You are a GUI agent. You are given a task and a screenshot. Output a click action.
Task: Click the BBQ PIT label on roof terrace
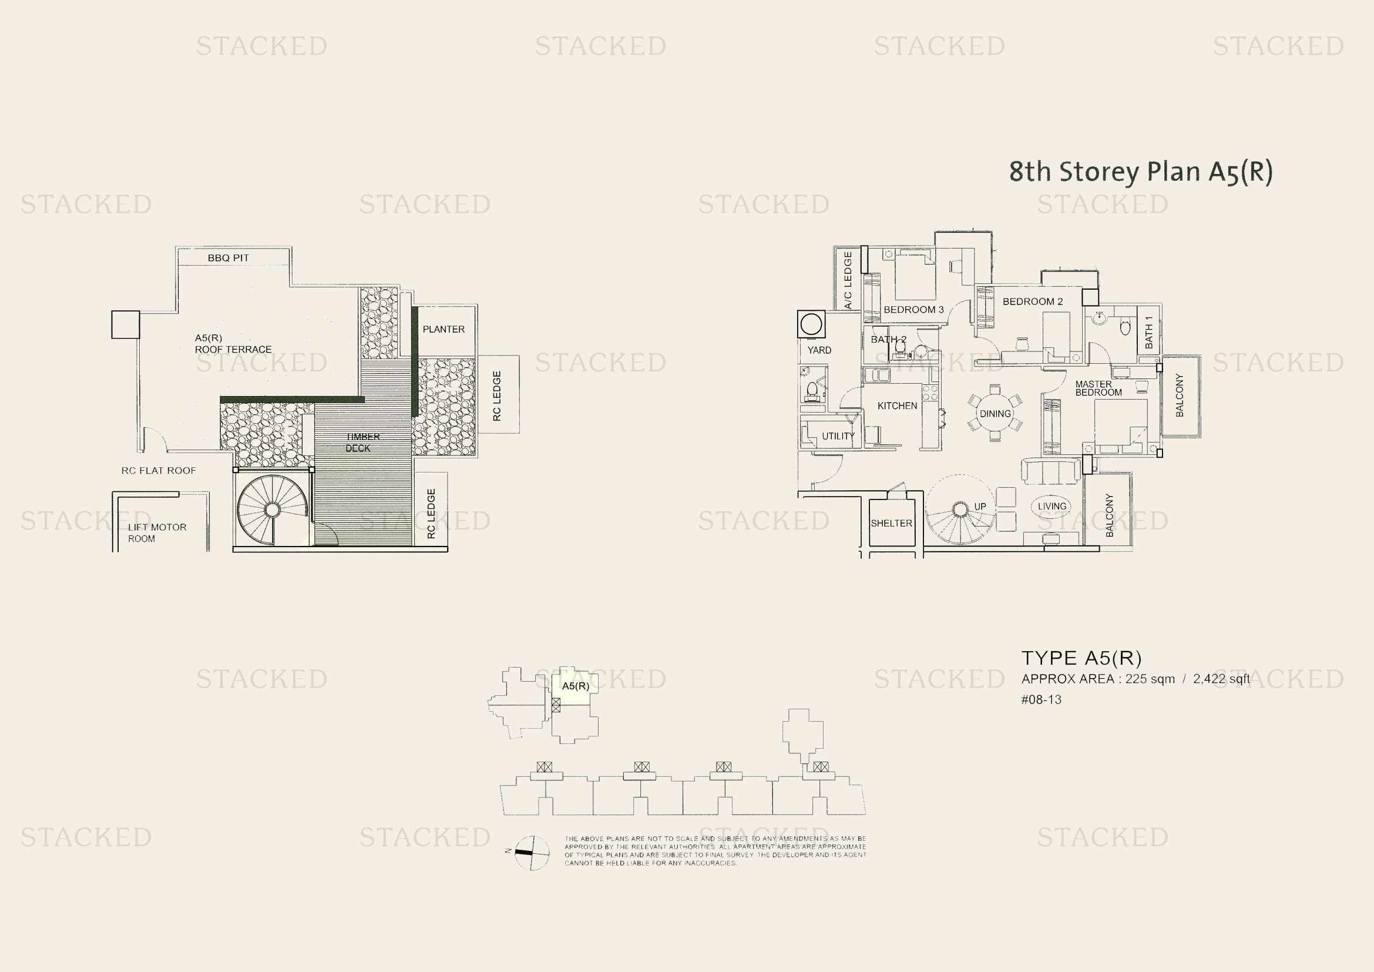pyautogui.click(x=228, y=258)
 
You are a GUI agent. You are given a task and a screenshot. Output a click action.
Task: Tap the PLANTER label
pyautogui.click(x=444, y=329)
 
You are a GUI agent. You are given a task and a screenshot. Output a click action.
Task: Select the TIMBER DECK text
pyautogui.click(x=361, y=443)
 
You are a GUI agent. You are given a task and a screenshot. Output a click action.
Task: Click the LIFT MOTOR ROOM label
pyautogui.click(x=157, y=532)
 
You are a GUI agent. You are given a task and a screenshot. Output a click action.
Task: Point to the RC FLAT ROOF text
pyautogui.click(x=159, y=471)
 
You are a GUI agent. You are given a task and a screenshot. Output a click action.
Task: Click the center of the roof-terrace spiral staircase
pyautogui.click(x=272, y=510)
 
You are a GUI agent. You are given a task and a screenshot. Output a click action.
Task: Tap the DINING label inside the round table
pyautogui.click(x=995, y=414)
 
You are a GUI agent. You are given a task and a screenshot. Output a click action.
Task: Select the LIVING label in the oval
pyautogui.click(x=1052, y=507)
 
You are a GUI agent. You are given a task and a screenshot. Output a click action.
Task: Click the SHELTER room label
pyautogui.click(x=891, y=523)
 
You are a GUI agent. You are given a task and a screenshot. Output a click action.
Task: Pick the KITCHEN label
pyautogui.click(x=897, y=406)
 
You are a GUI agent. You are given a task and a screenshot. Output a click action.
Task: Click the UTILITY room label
pyautogui.click(x=838, y=435)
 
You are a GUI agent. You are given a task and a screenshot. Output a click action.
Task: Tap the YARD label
pyautogui.click(x=819, y=350)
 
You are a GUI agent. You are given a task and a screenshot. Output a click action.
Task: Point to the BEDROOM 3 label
pyautogui.click(x=913, y=310)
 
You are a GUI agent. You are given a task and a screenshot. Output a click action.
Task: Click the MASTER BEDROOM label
pyautogui.click(x=1098, y=388)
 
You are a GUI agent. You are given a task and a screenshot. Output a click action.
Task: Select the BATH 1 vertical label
pyautogui.click(x=1148, y=332)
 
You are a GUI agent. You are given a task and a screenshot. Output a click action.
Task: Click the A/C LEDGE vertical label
pyautogui.click(x=848, y=280)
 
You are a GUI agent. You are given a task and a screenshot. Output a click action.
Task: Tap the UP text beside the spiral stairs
pyautogui.click(x=980, y=507)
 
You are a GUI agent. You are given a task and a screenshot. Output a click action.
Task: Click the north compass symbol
pyautogui.click(x=532, y=852)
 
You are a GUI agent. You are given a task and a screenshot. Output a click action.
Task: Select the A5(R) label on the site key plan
pyautogui.click(x=575, y=686)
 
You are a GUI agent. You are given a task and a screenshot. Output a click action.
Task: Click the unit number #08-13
pyautogui.click(x=1041, y=700)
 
